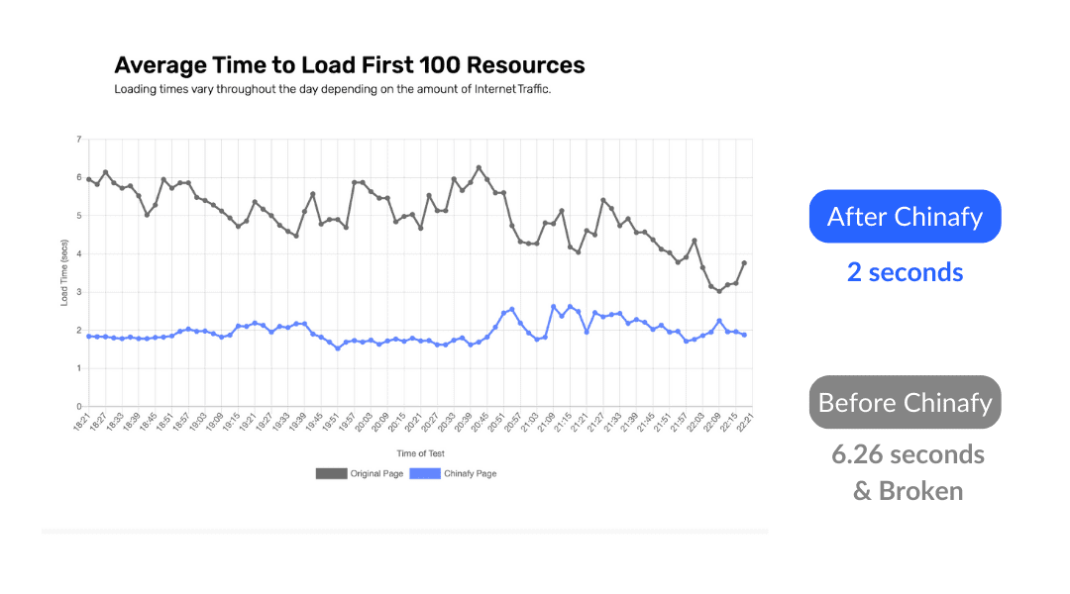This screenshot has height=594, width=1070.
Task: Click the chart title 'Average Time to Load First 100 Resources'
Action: (350, 66)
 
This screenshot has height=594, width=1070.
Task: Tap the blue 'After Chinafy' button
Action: (905, 217)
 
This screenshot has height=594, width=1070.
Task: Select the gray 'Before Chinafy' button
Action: (905, 403)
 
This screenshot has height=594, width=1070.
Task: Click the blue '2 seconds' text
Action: (905, 272)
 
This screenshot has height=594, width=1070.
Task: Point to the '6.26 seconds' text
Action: (908, 454)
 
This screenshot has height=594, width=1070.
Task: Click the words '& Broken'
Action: (908, 491)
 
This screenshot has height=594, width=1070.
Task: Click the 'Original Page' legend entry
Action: (360, 474)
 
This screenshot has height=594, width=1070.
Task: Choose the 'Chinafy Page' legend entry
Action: (453, 474)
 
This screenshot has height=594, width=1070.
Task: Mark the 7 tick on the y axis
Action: (78, 140)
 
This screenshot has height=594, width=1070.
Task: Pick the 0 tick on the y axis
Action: (78, 407)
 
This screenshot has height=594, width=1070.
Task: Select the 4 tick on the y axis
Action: (78, 253)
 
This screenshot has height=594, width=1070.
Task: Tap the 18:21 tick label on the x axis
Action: (84, 424)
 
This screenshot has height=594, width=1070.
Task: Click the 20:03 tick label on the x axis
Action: (363, 424)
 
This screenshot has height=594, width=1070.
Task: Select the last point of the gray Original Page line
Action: (744, 263)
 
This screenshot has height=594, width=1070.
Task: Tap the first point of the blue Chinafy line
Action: (89, 337)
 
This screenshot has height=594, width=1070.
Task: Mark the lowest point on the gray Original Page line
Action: (719, 291)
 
